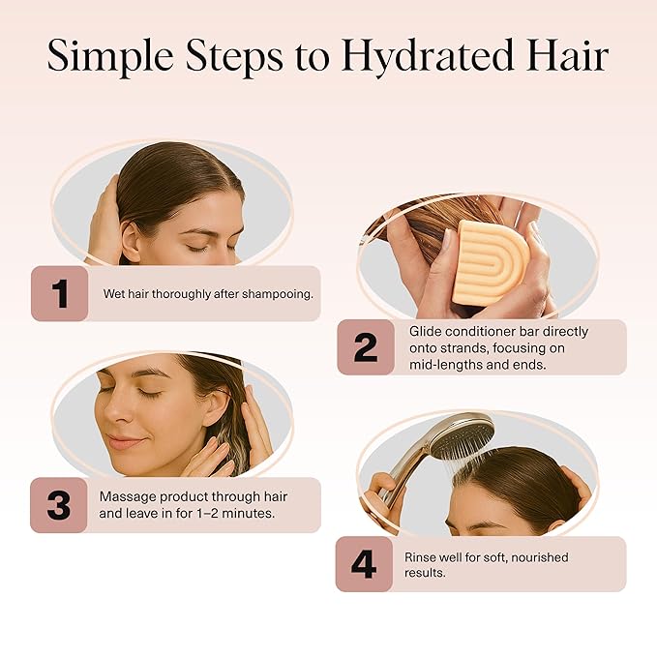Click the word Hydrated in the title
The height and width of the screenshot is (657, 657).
(428, 57)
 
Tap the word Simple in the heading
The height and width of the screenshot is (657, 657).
(110, 57)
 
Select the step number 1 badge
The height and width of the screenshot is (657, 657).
(59, 294)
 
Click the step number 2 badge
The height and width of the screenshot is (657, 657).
(366, 347)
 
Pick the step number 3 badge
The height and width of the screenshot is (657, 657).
(59, 505)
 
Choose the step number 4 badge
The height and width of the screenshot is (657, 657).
(364, 564)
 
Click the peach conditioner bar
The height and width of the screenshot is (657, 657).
(491, 262)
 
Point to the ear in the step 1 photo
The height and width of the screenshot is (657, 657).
(129, 241)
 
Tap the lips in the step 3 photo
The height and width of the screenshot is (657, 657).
(122, 442)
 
